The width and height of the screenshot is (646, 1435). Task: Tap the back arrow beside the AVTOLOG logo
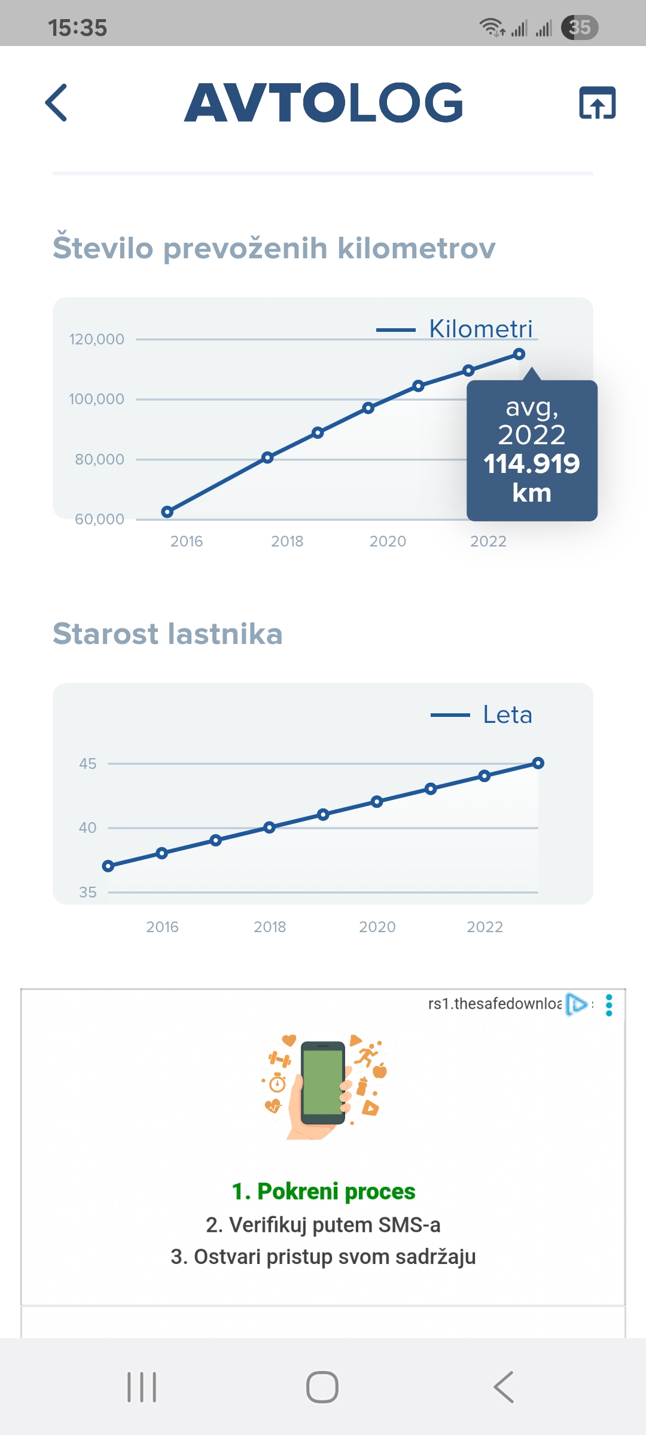click(x=56, y=103)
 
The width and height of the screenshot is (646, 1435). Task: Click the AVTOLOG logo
click(x=324, y=103)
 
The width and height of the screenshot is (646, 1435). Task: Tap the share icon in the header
click(x=597, y=103)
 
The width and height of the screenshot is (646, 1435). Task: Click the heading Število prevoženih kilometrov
click(x=274, y=248)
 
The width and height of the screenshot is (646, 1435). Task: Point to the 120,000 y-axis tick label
click(x=97, y=339)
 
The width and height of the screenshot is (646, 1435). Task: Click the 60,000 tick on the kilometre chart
click(x=99, y=519)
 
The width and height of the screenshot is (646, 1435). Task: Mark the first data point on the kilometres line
click(x=167, y=512)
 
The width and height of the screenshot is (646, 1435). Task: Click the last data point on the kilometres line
click(x=519, y=355)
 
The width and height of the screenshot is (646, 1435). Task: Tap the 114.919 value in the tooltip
click(x=532, y=464)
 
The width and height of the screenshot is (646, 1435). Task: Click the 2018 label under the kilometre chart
click(x=287, y=541)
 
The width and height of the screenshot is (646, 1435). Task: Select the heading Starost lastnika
click(x=167, y=634)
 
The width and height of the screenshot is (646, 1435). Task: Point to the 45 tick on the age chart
click(x=88, y=764)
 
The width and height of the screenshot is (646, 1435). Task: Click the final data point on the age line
click(x=538, y=763)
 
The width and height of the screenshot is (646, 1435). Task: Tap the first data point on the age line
click(x=108, y=866)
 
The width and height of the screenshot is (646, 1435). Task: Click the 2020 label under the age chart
click(x=377, y=927)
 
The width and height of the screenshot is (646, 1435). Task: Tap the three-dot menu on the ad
click(x=609, y=1005)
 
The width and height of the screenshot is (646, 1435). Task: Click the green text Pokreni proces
click(x=324, y=1192)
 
